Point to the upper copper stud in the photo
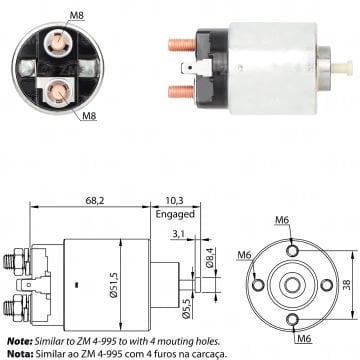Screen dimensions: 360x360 [x=174, y=45]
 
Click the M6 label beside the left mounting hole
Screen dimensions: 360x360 [x=245, y=256]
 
